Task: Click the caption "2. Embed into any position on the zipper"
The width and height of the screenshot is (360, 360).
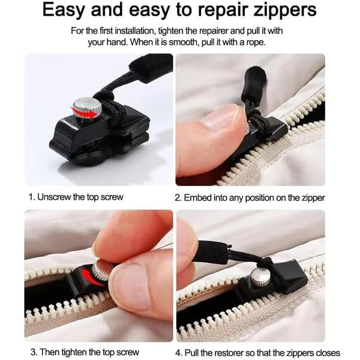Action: [250, 197]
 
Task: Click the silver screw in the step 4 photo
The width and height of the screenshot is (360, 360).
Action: [259, 276]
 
